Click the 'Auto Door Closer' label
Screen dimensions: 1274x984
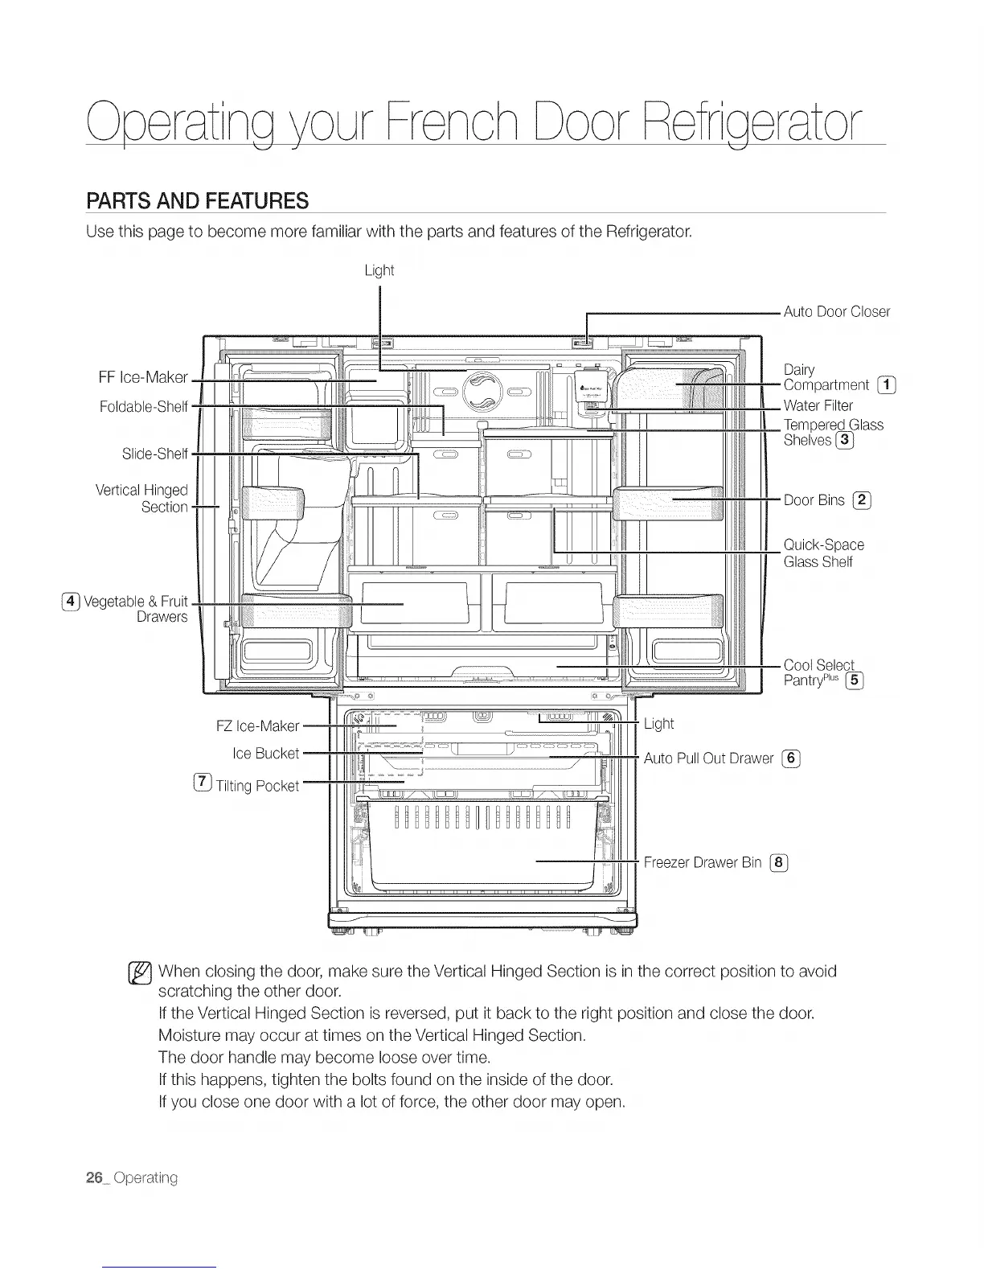(836, 312)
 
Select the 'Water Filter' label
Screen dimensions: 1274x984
(818, 405)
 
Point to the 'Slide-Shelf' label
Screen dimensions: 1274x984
(154, 454)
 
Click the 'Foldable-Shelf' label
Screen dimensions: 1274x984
(143, 407)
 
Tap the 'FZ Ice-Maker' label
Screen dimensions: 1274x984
(257, 726)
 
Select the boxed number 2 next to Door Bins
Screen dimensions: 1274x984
(862, 500)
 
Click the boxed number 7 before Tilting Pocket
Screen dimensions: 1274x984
(203, 783)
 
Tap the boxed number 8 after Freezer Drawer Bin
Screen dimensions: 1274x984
(778, 863)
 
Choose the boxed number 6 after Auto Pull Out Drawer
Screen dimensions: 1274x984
(791, 758)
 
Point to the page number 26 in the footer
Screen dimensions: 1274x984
(95, 1177)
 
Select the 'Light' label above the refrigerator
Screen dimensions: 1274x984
(379, 270)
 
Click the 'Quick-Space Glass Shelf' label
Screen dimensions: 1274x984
(823, 553)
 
